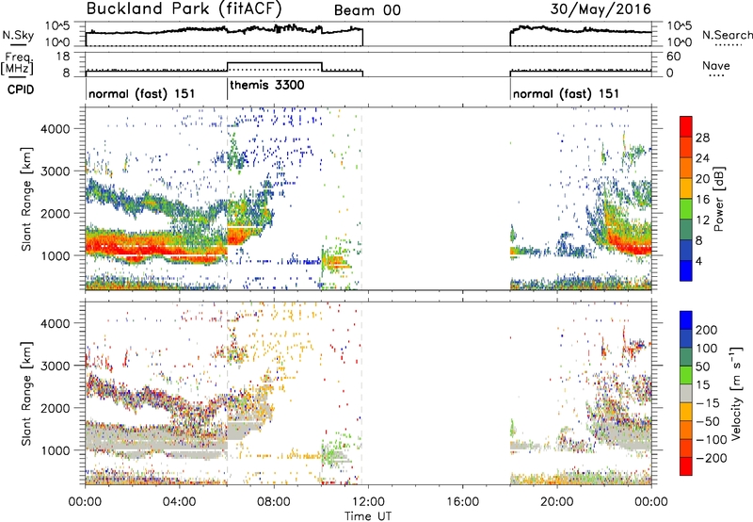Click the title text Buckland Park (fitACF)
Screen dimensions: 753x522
(x=184, y=8)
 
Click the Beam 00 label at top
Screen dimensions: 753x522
(x=367, y=10)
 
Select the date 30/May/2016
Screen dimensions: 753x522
(x=601, y=8)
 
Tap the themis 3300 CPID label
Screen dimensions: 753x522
(x=267, y=86)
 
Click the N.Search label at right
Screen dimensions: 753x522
(x=728, y=35)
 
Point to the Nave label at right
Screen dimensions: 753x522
(x=716, y=65)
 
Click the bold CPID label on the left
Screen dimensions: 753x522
(x=21, y=90)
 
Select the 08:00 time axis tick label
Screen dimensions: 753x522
(x=274, y=502)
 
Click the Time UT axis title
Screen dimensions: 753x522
(x=368, y=515)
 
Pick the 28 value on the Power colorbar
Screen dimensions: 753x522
(x=702, y=138)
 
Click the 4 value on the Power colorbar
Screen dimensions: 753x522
(x=699, y=261)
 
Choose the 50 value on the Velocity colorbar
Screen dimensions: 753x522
(x=702, y=367)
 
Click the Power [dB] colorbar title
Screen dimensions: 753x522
(x=719, y=199)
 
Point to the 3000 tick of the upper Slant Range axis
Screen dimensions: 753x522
(x=56, y=171)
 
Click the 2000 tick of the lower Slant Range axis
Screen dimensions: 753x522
(x=56, y=408)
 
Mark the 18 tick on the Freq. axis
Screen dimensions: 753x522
(x=63, y=57)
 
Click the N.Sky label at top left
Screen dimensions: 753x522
(x=18, y=35)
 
